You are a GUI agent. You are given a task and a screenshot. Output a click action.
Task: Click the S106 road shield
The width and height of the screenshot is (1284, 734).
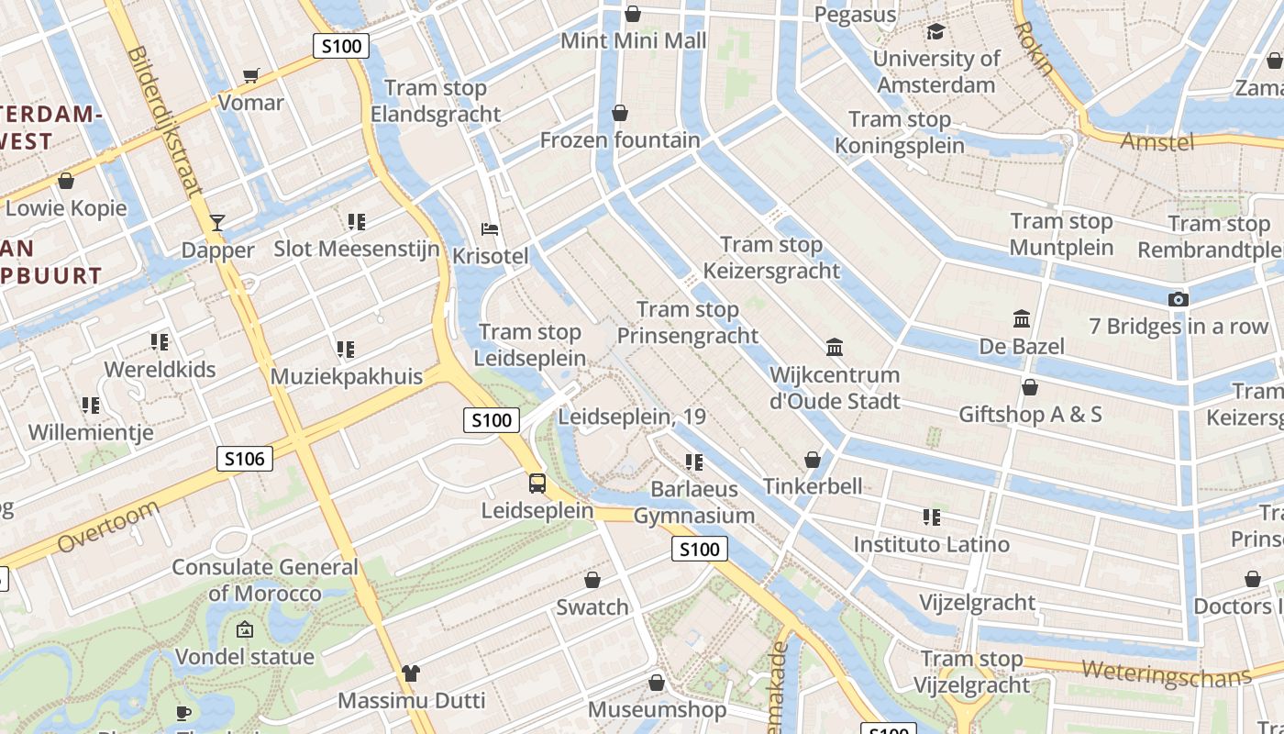tap(245, 459)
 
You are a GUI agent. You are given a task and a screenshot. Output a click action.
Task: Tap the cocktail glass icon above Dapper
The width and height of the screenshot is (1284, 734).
tap(217, 222)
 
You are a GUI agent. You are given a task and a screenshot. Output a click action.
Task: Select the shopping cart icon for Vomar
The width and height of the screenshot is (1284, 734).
tap(250, 75)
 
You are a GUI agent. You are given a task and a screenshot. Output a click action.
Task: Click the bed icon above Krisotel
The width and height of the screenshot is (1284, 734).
tap(490, 228)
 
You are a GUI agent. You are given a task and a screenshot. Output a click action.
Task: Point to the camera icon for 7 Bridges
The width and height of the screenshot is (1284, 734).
tap(1179, 299)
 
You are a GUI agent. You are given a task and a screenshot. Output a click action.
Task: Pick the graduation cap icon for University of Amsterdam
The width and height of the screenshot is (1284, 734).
tap(935, 32)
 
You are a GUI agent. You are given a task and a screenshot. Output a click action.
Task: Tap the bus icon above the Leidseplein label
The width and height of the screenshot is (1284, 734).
tap(537, 483)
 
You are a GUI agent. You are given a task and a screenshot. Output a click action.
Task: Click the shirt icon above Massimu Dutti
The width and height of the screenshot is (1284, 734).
tap(410, 673)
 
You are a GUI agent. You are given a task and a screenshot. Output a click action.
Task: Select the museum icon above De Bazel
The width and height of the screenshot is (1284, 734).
tap(1022, 319)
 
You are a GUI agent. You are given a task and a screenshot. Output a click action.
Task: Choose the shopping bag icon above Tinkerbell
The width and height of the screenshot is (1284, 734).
tap(813, 459)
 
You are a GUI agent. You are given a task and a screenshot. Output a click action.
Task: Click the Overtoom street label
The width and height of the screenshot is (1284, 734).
tap(106, 528)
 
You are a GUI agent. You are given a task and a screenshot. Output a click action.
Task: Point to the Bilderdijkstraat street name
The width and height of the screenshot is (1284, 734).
tap(166, 122)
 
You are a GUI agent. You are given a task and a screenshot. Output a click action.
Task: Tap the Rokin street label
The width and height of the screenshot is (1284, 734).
tap(1035, 49)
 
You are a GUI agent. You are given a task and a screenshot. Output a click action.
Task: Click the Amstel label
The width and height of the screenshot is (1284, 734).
tap(1157, 141)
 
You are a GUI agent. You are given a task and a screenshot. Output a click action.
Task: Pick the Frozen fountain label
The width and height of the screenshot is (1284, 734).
tap(620, 140)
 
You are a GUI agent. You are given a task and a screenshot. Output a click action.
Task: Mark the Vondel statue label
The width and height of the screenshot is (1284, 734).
tap(244, 657)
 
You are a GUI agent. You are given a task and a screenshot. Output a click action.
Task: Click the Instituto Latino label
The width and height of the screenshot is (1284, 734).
tap(931, 544)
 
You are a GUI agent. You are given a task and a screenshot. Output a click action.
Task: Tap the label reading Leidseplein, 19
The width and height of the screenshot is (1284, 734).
tap(632, 417)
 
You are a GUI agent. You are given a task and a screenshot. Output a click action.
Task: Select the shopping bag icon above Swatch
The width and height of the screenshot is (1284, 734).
tap(592, 580)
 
